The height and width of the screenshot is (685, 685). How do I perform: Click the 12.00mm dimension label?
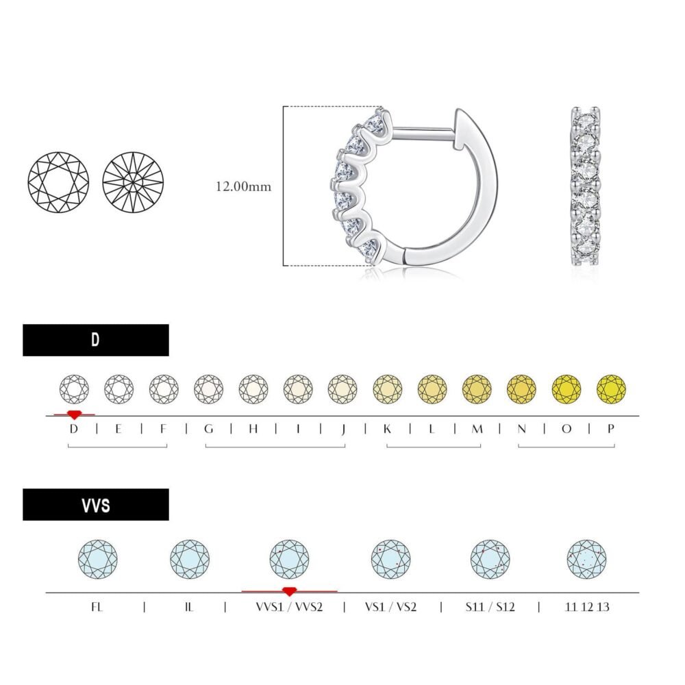243,186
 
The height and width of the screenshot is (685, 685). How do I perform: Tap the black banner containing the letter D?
96,340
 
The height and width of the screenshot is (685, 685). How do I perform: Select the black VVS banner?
96,505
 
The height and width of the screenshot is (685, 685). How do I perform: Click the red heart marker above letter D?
74,414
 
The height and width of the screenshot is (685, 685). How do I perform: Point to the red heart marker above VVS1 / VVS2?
289,592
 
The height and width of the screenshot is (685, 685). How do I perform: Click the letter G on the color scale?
209,429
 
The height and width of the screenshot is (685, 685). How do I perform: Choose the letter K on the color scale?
387,429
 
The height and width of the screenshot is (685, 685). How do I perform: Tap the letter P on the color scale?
611,429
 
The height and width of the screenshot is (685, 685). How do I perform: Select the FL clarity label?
97,607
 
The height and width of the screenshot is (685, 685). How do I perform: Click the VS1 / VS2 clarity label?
390,607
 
